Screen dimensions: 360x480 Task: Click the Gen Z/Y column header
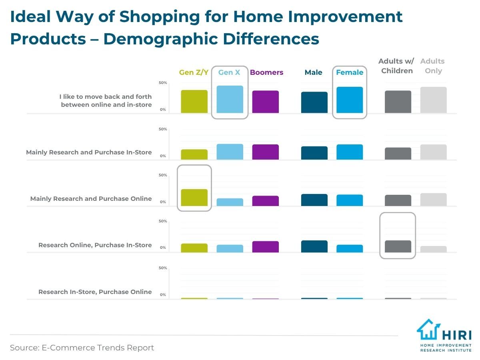click(x=194, y=72)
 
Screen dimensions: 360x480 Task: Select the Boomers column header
click(x=266, y=72)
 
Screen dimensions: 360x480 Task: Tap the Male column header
click(x=314, y=72)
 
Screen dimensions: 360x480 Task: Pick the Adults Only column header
click(x=433, y=66)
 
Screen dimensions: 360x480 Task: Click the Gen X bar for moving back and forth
click(x=230, y=100)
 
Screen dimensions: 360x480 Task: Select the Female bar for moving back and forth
click(x=350, y=100)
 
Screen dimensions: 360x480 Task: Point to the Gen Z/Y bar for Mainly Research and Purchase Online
click(x=194, y=198)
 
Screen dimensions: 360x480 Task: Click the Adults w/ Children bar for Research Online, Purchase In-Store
click(x=398, y=246)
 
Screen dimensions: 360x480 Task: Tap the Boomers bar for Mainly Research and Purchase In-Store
click(x=265, y=152)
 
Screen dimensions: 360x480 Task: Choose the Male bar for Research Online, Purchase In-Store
click(x=314, y=246)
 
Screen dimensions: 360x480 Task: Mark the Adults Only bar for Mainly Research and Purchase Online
click(x=433, y=200)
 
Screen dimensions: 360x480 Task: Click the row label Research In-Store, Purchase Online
click(x=95, y=292)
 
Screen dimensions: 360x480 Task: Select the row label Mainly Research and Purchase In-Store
click(x=89, y=152)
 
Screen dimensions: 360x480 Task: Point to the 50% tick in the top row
click(x=163, y=83)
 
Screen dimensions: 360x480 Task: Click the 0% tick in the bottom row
click(x=163, y=295)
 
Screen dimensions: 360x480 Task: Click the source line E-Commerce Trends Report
click(x=82, y=348)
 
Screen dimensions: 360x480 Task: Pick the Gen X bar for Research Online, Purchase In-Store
click(x=230, y=248)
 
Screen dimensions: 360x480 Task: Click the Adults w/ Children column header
click(x=396, y=66)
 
